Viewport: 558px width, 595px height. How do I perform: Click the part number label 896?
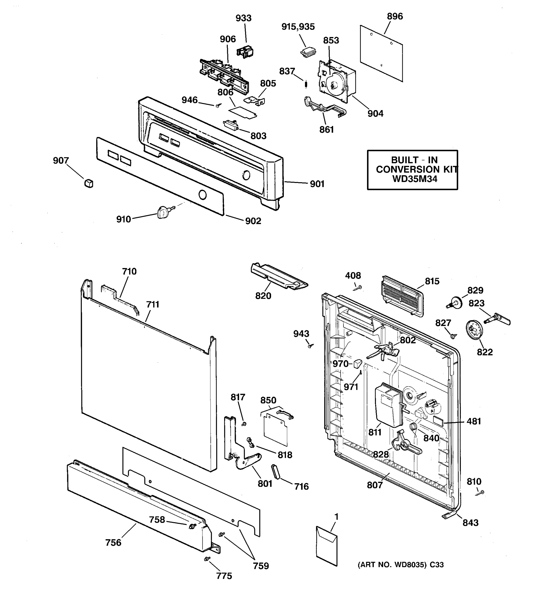pyautogui.click(x=395, y=16)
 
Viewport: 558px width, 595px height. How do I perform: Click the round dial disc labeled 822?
pyautogui.click(x=474, y=330)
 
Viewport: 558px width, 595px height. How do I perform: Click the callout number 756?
pyautogui.click(x=113, y=543)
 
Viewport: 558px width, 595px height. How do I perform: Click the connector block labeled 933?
pyautogui.click(x=245, y=52)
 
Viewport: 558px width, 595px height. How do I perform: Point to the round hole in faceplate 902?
pyautogui.click(x=203, y=195)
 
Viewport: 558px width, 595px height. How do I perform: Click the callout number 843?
pyautogui.click(x=470, y=523)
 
